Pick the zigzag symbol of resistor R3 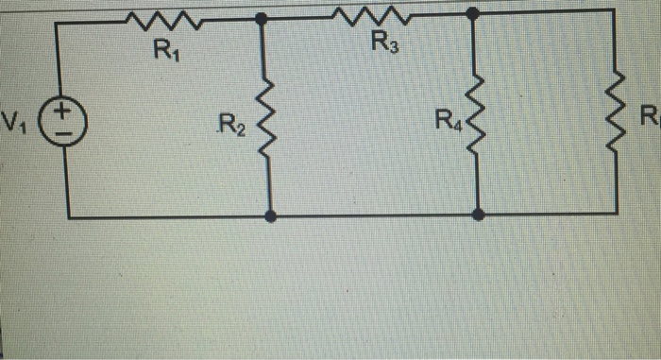[369, 14]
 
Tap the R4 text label [446, 120]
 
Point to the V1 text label [16, 122]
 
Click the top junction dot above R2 [262, 19]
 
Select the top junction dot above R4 [472, 12]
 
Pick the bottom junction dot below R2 [272, 215]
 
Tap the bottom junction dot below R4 [479, 215]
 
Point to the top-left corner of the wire [58, 23]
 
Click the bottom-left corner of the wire [69, 215]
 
